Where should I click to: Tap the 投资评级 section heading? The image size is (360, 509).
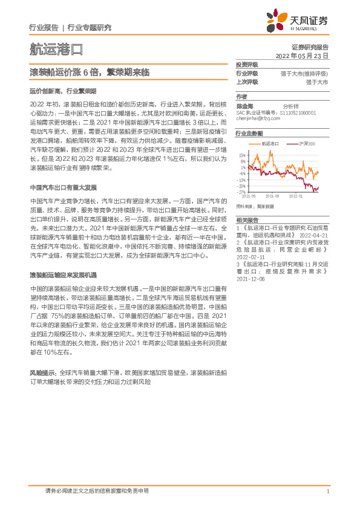pos(247,64)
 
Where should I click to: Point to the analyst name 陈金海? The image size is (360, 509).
pos(243,104)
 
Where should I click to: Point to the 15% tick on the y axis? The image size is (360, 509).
pos(242,155)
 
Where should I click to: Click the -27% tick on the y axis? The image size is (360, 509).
pos(241,192)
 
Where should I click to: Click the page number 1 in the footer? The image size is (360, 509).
pos(327,491)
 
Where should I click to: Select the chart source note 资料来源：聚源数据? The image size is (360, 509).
pos(255,206)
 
